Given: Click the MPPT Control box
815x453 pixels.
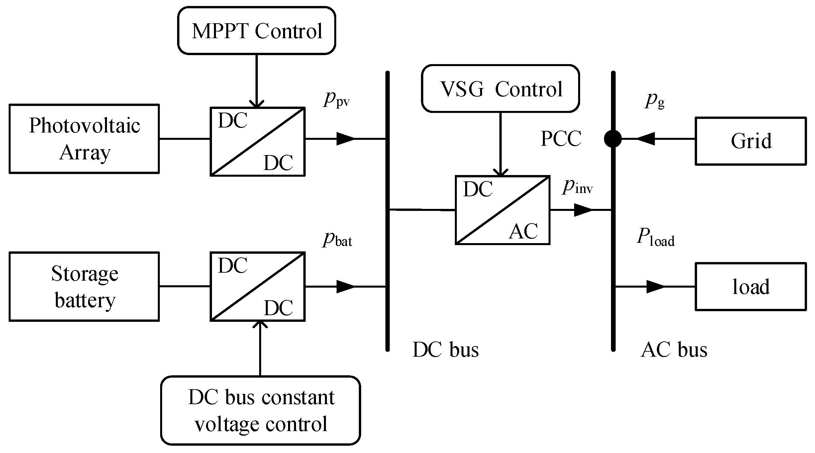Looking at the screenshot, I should pos(256,31).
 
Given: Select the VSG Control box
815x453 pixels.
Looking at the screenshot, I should pos(500,89).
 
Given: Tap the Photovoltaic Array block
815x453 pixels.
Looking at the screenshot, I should pos(84,139).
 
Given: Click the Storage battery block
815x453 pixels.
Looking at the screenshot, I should pos(84,286).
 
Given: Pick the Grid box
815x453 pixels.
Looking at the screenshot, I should pos(751,141).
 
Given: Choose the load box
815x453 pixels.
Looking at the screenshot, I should pos(751,286).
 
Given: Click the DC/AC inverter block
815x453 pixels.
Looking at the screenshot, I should pos(502,210).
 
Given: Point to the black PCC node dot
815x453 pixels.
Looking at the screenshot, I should pos(613,138).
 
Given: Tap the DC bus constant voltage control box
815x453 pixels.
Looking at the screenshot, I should pos(260,410).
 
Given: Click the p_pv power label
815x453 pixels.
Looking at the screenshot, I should pos(336,99).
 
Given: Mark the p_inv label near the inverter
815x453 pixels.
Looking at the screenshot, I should pos(577,187).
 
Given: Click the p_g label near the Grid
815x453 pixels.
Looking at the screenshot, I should pos(655,100).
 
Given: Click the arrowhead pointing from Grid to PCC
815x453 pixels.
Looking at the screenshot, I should pos(646,138).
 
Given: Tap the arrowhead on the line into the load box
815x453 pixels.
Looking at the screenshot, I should pos(655,286).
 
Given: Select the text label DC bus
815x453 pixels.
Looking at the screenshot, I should pos(445,350).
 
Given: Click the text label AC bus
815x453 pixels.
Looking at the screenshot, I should pos(674,350).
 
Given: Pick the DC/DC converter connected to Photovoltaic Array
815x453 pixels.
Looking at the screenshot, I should pos(257,141).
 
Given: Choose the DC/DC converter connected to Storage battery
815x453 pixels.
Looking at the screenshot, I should pos(257,286).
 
